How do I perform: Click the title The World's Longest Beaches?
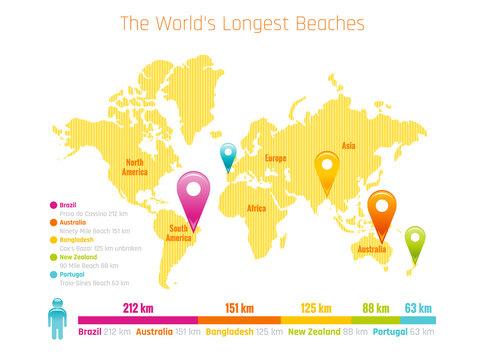click(242, 23)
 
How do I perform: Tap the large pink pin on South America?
click(193, 190)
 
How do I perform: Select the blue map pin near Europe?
click(228, 155)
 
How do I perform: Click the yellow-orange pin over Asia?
click(327, 166)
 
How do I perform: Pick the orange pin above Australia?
click(380, 207)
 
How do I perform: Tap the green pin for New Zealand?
click(414, 239)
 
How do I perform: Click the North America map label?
click(134, 166)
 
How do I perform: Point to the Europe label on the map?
click(275, 158)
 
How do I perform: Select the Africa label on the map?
click(256, 208)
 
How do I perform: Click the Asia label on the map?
click(348, 146)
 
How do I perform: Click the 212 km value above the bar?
click(137, 308)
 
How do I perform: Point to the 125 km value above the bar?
click(315, 308)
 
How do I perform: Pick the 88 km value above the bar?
click(376, 308)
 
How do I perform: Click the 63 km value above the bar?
click(418, 308)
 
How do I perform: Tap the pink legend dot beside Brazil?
click(53, 205)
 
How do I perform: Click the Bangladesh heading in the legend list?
click(78, 239)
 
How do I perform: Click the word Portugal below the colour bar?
click(392, 331)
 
